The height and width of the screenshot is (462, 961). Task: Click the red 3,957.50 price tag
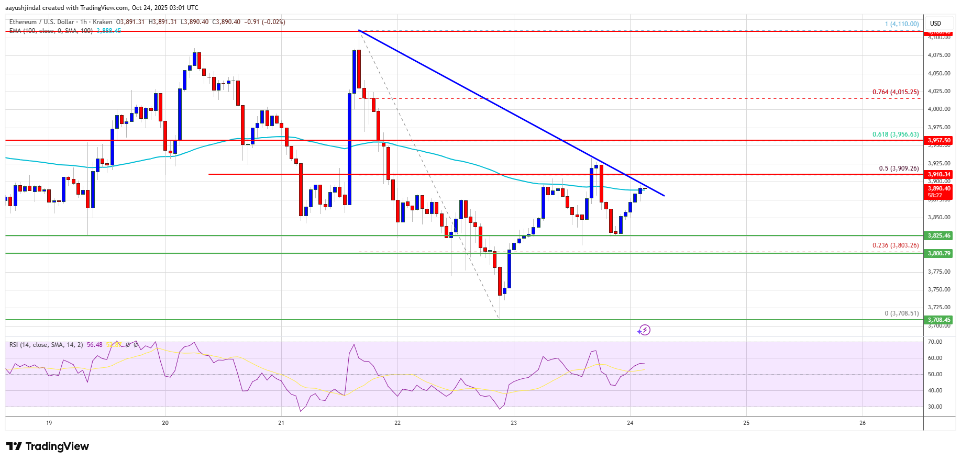click(x=938, y=140)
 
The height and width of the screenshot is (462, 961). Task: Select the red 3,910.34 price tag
click(x=938, y=174)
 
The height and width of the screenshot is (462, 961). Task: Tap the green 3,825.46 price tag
click(x=938, y=235)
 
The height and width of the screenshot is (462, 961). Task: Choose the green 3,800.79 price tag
click(x=938, y=253)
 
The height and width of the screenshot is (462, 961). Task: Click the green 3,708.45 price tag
click(x=938, y=320)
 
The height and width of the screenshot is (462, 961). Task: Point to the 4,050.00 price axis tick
click(x=938, y=73)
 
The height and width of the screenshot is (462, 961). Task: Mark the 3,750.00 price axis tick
click(x=938, y=289)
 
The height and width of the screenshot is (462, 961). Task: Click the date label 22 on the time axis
click(x=397, y=423)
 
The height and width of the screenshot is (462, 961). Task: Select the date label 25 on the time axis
click(x=746, y=423)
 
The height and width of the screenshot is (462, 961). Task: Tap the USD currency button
click(x=935, y=23)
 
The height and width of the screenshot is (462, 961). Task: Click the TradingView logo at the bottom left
click(x=48, y=446)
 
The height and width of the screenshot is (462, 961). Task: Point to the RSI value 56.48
click(x=95, y=345)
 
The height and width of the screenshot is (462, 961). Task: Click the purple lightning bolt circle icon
click(x=644, y=330)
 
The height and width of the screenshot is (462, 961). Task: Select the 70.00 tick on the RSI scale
click(x=935, y=342)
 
